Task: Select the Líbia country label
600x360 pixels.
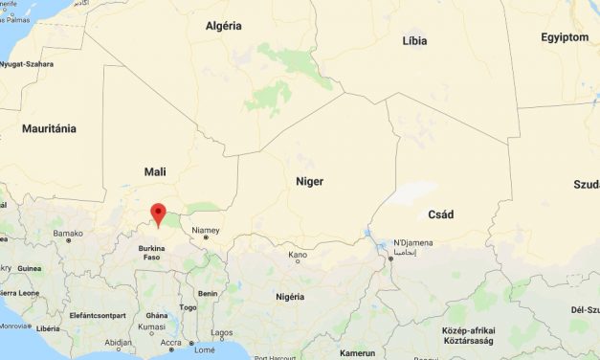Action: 415,40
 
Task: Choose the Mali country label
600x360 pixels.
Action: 154,171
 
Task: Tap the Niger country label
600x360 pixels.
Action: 309,181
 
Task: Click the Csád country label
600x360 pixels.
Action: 440,214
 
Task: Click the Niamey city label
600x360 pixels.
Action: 206,230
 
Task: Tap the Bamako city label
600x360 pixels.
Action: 68,233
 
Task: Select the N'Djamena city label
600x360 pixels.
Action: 412,242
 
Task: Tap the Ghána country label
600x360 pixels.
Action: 157,314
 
